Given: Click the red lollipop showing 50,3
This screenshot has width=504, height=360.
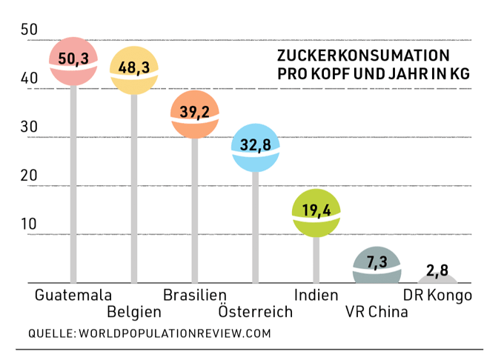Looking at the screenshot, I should tap(73, 61).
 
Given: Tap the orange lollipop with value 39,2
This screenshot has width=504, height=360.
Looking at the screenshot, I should tap(195, 114).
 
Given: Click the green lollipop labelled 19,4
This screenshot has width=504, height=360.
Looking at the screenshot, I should tap(316, 212).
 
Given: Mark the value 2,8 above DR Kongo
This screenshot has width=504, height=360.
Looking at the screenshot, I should tap(437, 269).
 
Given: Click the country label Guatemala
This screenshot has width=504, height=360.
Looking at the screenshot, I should tap(73, 295).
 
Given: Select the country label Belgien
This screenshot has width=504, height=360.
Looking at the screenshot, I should tap(134, 311).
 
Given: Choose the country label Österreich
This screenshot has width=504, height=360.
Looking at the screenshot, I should tap(256, 311).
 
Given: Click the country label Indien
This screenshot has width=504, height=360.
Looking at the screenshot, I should tap(316, 295).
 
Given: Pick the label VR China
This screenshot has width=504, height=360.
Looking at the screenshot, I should tap(377, 311).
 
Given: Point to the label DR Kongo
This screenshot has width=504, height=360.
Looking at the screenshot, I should tap(437, 295).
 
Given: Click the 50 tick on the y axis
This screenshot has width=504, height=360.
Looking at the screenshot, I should tap(30, 30).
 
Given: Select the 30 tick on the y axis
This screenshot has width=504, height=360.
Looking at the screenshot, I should tap(30, 127).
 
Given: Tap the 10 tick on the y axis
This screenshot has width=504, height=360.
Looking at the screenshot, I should tap(30, 224).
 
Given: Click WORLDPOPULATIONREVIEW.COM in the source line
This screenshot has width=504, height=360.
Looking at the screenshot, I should tap(174, 333).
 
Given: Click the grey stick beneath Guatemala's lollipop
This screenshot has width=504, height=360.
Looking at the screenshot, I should tap(73, 185).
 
